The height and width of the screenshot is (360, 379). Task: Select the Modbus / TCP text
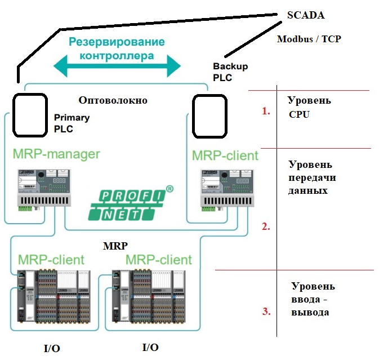coord(309,39)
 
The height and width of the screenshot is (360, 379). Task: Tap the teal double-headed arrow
coord(117,67)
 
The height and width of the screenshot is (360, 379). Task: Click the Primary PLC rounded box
coord(30,115)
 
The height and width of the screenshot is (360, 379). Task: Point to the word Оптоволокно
coord(113,100)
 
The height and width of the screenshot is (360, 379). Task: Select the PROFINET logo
coord(130,203)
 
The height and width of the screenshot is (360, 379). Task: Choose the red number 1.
coord(266,112)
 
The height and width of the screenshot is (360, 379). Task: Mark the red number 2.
coord(266,228)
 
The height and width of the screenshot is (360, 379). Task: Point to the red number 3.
coord(266,311)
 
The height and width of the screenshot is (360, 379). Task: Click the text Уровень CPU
coord(309,107)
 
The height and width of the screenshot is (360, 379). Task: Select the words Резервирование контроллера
coord(117,48)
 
